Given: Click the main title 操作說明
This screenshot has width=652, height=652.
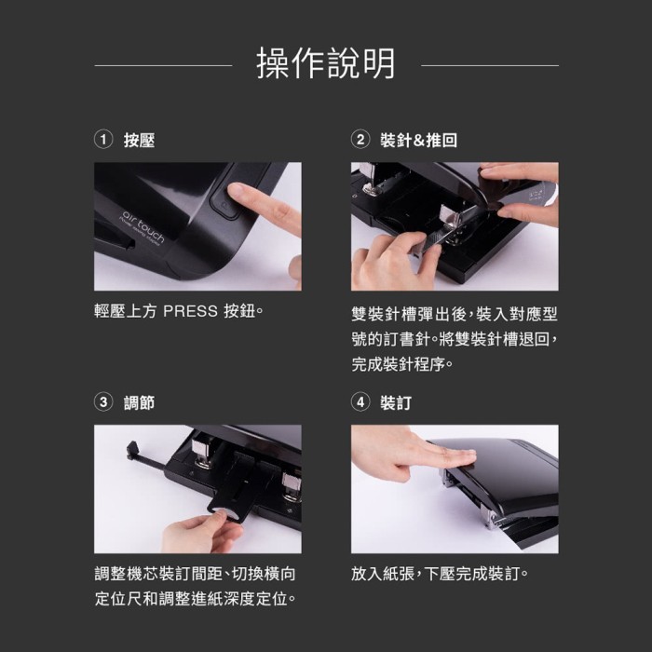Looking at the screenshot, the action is (326, 63).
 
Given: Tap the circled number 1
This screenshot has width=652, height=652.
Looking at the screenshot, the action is (103, 140).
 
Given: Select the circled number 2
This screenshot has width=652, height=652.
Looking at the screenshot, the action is (360, 140).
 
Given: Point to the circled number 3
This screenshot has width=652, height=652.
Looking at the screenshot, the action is (103, 402).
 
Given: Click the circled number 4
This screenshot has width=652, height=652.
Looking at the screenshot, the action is (360, 402).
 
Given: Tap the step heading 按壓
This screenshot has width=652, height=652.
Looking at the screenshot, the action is (140, 140).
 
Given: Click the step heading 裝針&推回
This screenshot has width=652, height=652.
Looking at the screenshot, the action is (418, 140).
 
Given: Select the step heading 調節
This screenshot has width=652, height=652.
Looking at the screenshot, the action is (140, 402).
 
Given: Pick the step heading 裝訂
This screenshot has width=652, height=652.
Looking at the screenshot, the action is (396, 402).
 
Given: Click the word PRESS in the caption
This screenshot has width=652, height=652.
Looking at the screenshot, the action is (190, 310).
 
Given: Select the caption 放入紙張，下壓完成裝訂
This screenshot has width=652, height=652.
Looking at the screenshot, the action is (440, 574).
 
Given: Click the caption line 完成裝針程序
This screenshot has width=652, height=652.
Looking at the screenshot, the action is (401, 364).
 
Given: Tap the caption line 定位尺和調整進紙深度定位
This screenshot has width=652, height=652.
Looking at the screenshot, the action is (196, 599).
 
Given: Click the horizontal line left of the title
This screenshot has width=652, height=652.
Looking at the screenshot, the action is (163, 66).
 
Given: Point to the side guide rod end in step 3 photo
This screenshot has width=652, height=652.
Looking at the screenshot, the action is (132, 450).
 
